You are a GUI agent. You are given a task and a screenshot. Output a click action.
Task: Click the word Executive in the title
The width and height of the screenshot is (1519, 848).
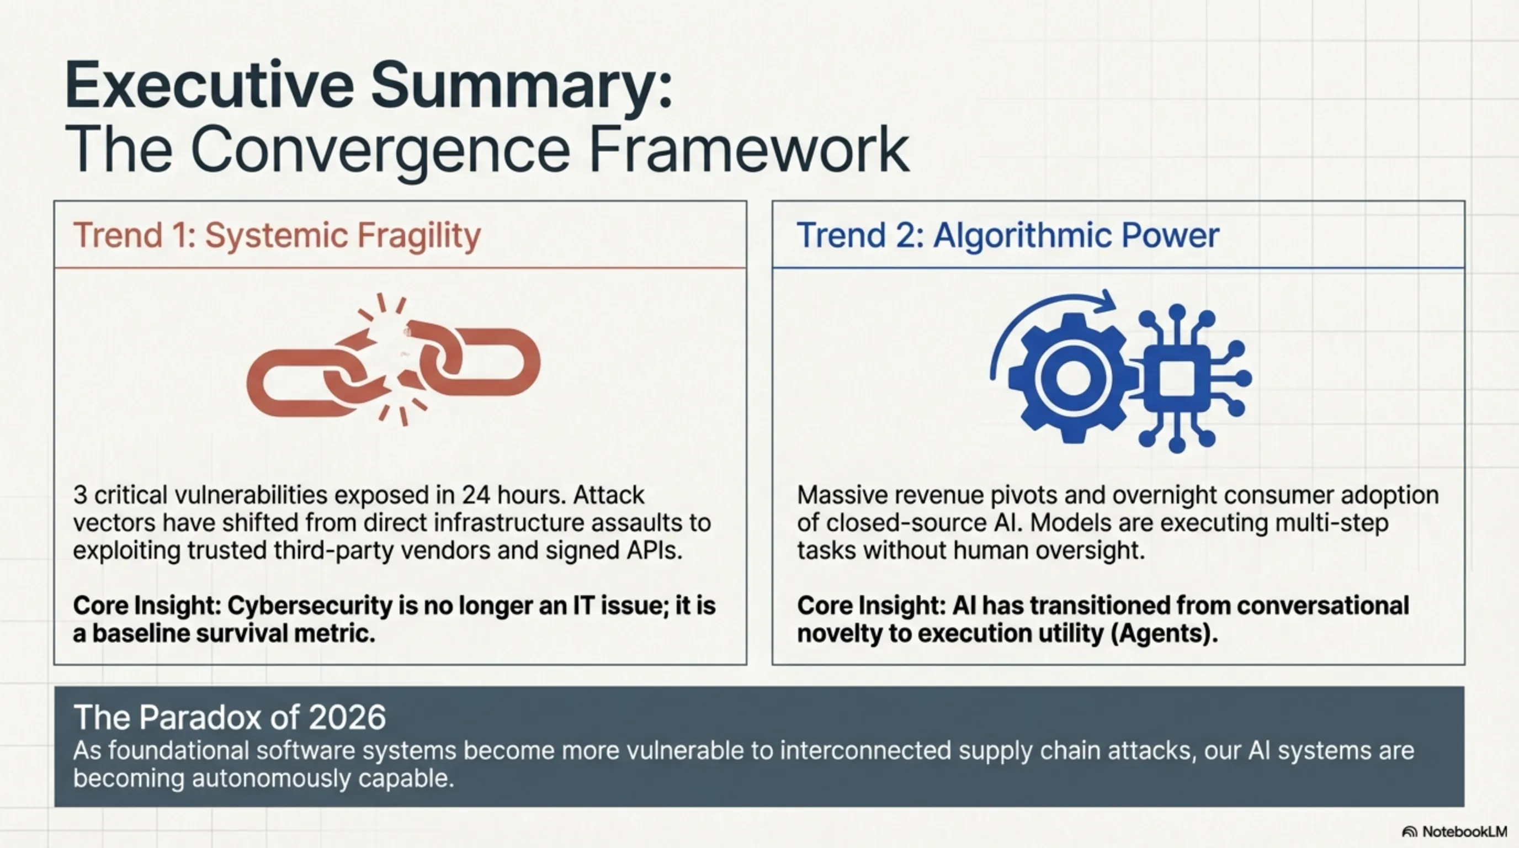pos(209,86)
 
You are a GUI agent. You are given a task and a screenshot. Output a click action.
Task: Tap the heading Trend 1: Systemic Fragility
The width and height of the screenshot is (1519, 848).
pos(277,236)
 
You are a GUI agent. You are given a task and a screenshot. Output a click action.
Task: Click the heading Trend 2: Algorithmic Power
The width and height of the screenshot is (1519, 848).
pos(1008,236)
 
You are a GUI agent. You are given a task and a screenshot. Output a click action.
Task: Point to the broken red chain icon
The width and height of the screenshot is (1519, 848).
pos(394,360)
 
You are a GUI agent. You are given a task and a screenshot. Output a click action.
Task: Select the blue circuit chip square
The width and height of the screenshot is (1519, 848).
pos(1177,378)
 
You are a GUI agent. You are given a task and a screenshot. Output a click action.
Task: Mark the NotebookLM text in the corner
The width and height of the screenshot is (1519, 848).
pos(1465,831)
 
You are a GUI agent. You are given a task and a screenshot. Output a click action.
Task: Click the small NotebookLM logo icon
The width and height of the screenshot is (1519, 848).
pos(1410,832)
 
